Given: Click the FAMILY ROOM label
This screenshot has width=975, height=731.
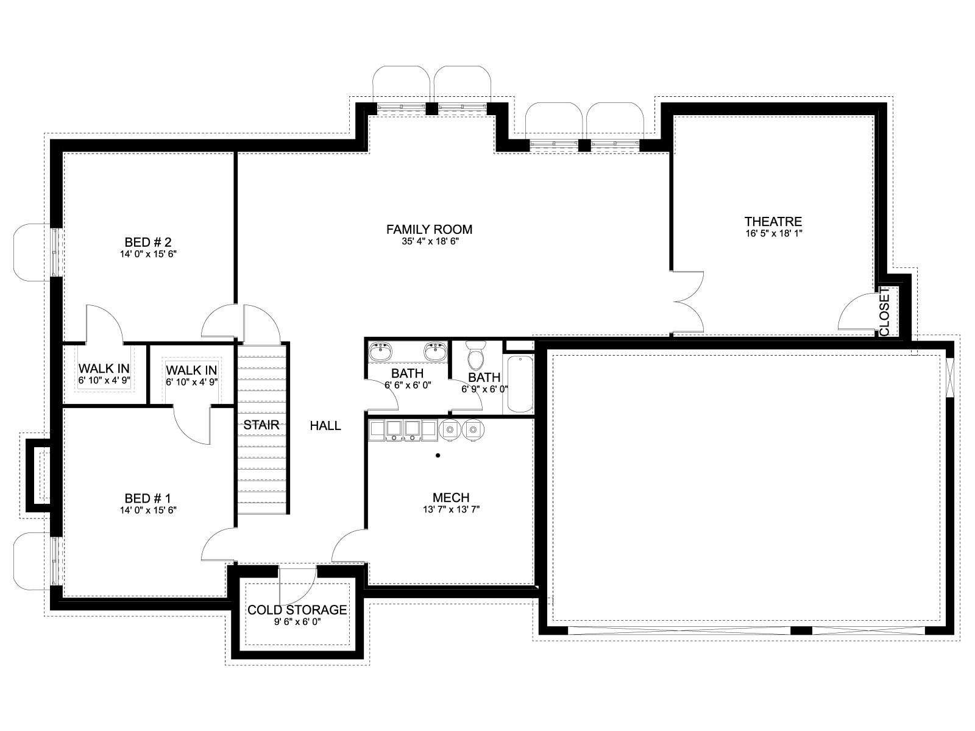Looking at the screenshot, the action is click(x=428, y=230).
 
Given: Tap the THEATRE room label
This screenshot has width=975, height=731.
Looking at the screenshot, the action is click(x=773, y=222).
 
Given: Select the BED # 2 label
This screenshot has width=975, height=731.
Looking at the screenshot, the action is click(x=148, y=242).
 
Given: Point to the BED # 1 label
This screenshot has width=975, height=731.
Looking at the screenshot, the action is click(x=147, y=498).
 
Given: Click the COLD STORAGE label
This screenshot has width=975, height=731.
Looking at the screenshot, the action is click(x=297, y=610).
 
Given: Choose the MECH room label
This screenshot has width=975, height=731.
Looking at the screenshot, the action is click(x=451, y=498).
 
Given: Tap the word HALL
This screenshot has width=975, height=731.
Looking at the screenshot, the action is click(x=325, y=426).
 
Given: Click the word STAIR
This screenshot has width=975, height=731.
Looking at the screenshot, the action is click(x=261, y=425).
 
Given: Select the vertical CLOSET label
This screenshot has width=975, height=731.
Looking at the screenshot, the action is click(x=884, y=312).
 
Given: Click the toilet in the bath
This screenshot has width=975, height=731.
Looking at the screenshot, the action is click(x=476, y=356).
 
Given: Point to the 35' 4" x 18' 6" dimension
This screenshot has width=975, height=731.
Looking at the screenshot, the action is click(x=430, y=241).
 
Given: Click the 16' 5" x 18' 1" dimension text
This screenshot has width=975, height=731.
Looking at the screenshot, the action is click(x=774, y=233).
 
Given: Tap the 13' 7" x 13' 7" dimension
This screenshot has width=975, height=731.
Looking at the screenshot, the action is click(x=452, y=509).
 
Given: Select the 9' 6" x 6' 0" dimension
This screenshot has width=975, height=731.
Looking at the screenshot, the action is click(x=297, y=622).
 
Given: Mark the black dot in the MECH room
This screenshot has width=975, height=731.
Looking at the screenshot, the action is click(x=438, y=456).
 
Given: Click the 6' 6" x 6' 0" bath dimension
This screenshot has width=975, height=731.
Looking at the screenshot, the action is click(x=408, y=385).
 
